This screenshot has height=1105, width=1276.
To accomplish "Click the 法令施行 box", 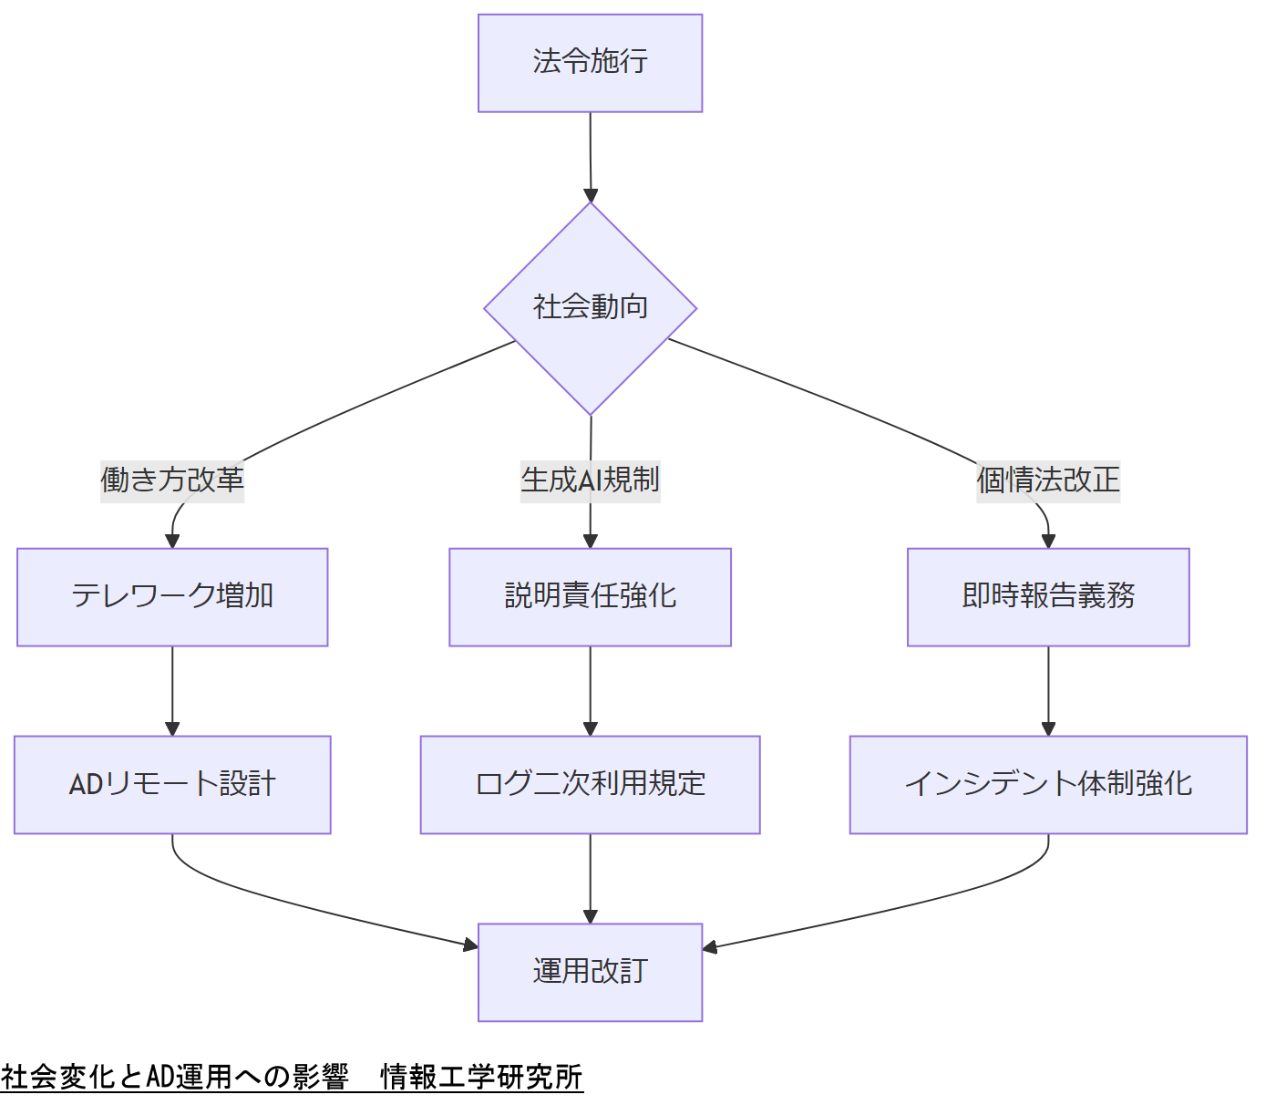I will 590,63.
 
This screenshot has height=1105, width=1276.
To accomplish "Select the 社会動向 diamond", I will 590,308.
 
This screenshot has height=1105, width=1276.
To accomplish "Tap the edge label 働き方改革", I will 172,480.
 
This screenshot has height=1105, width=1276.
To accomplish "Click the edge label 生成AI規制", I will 590,480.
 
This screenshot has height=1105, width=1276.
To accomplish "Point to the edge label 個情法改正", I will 1048,480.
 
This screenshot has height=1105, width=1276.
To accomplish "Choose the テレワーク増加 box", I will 172,597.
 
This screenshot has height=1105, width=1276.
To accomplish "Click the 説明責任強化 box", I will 590,597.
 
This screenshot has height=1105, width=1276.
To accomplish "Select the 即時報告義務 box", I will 1048,597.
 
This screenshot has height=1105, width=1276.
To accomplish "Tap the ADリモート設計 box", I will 172,784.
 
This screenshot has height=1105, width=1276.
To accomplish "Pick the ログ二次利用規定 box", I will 590,784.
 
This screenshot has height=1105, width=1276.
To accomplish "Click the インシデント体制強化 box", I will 1048,784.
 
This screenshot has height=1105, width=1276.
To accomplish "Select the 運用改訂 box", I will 590,972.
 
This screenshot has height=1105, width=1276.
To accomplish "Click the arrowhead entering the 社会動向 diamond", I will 591,195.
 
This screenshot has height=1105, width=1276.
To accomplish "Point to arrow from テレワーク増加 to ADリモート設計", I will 172,690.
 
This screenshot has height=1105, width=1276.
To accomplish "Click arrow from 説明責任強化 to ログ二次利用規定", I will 590,690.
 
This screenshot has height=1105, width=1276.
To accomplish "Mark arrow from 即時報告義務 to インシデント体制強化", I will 1048,690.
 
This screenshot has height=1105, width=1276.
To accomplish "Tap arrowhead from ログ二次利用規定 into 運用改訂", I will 590,916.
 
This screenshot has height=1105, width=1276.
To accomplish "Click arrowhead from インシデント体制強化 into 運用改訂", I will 711,947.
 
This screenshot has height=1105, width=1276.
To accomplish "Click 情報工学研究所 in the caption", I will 481,1077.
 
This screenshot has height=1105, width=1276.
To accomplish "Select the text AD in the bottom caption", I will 160,1077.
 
